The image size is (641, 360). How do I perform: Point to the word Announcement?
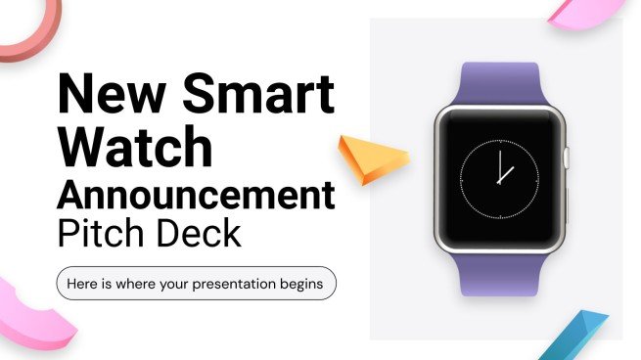click(x=196, y=195)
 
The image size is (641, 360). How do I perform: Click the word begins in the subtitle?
click(x=304, y=285)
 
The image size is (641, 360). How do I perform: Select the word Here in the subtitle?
click(x=83, y=285)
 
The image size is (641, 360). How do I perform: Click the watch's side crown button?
click(x=567, y=156)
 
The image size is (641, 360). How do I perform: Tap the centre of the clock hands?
click(x=499, y=181)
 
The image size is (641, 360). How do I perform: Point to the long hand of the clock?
click(x=499, y=166)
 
